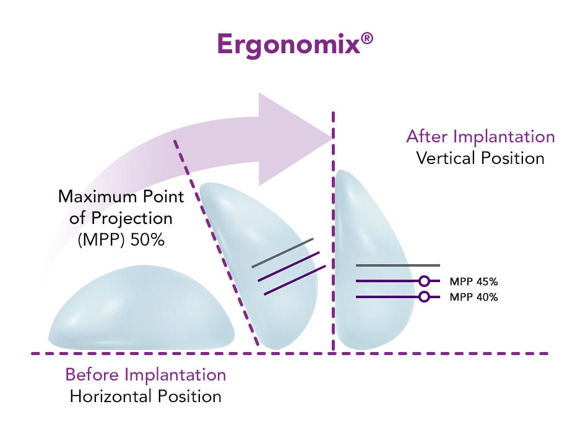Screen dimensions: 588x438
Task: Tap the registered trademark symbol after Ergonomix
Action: click(x=367, y=39)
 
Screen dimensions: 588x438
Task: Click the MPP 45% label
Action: click(x=473, y=281)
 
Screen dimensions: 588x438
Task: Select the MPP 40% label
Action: click(x=473, y=297)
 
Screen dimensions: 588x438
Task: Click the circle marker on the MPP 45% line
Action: click(x=424, y=281)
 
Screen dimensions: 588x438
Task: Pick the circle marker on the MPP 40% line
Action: click(x=424, y=297)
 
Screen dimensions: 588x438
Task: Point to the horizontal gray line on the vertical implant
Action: click(x=398, y=265)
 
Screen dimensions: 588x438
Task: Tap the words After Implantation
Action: click(x=480, y=137)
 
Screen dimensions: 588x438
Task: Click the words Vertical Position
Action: click(x=480, y=158)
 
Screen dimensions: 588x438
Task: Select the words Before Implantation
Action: click(x=145, y=375)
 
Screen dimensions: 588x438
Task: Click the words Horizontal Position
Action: click(x=145, y=397)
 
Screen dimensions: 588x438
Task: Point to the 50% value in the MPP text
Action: click(x=147, y=240)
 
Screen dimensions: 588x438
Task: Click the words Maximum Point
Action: click(x=121, y=196)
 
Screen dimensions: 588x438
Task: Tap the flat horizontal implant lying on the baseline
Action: click(x=141, y=308)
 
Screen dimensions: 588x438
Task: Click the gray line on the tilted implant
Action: click(x=282, y=253)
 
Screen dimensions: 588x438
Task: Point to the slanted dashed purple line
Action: click(x=216, y=243)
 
